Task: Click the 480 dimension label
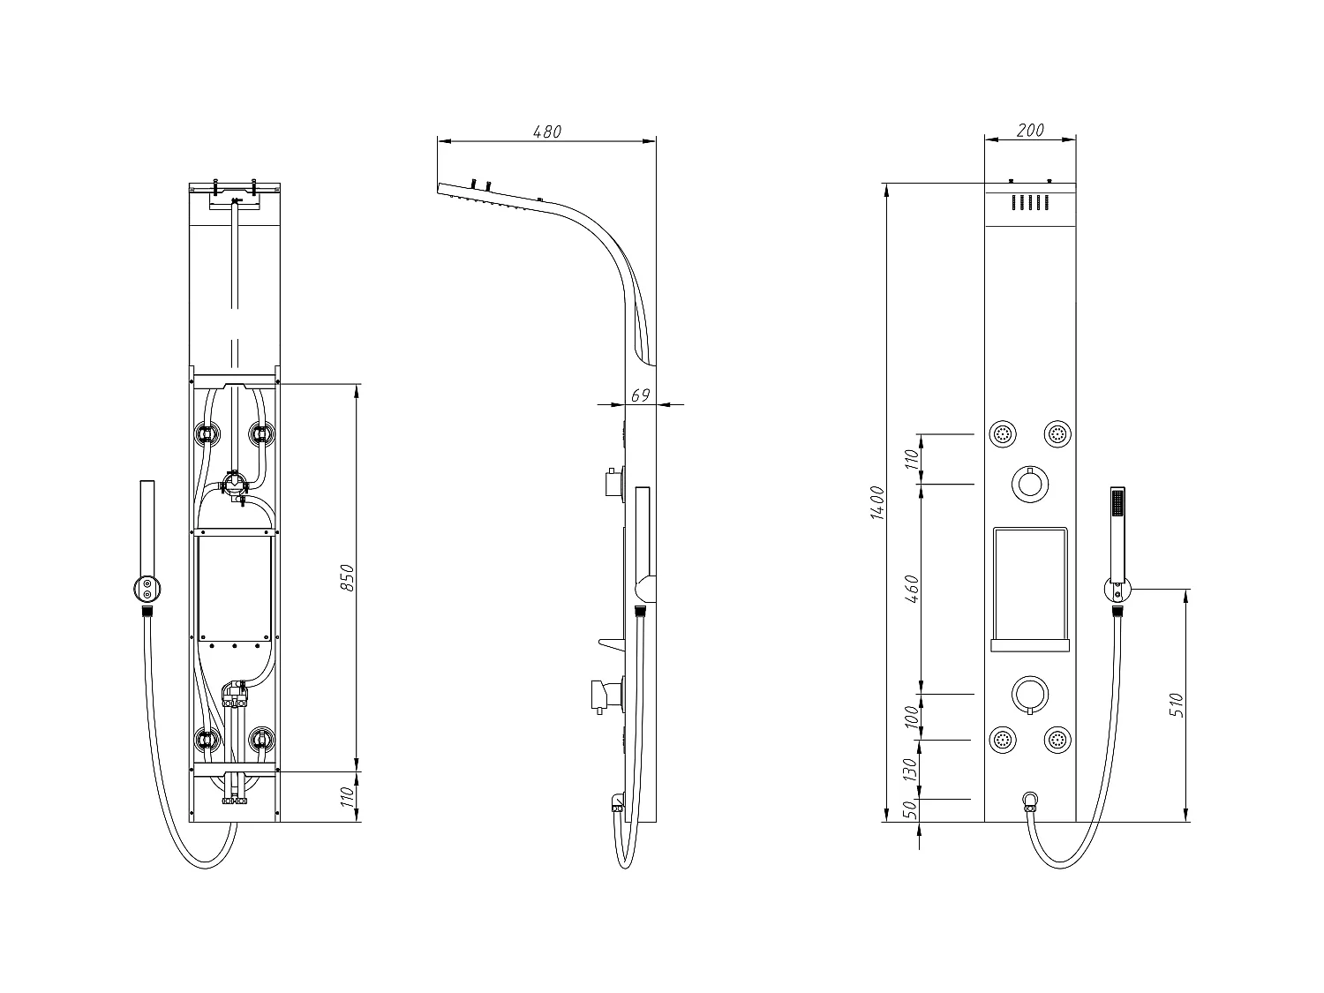547,131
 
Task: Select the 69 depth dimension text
641,395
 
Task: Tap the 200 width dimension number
1030,130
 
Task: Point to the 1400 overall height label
876,502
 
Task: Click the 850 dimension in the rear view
347,577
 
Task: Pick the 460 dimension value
912,589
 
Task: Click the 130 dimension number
912,769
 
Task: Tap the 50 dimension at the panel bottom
912,810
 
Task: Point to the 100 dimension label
912,717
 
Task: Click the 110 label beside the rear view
347,796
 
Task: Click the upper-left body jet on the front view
1003,434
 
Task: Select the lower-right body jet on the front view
1057,741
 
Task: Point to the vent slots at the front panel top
1030,203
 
